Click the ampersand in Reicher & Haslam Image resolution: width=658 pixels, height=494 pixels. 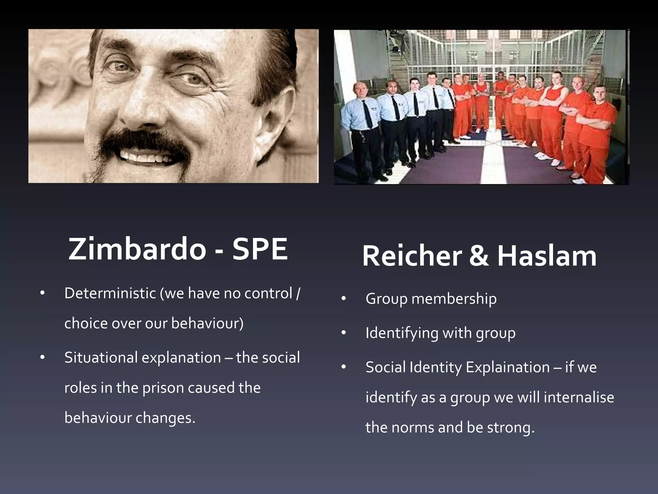(479, 256)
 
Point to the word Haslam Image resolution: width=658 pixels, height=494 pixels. (547, 256)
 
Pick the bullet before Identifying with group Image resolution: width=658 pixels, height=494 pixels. (343, 333)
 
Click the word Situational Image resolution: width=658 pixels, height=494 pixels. (101, 358)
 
